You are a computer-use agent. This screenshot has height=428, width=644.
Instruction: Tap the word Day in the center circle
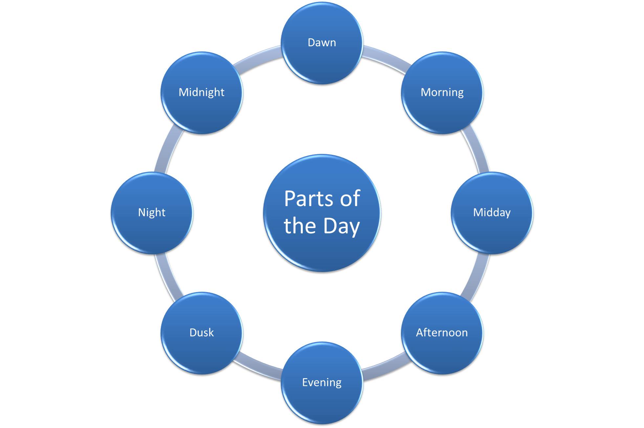pyautogui.click(x=342, y=226)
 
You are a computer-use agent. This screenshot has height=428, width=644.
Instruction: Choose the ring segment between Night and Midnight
pyautogui.click(x=168, y=149)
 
